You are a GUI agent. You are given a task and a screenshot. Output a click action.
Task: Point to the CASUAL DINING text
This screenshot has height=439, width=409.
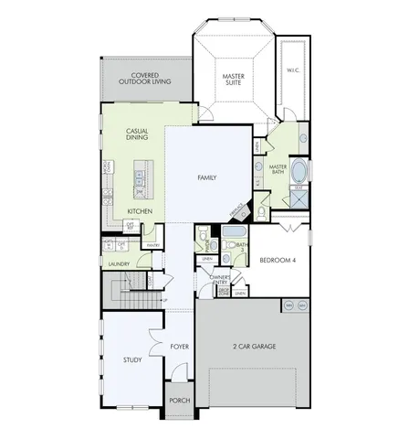pyautogui.click(x=138, y=135)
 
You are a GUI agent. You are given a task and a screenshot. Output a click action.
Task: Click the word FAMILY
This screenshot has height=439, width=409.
pyautogui.click(x=206, y=177)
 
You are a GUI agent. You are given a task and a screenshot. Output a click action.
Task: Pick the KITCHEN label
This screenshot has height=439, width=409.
pyautogui.click(x=140, y=209)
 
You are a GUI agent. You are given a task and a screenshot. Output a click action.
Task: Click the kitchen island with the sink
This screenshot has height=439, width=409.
pyautogui.click(x=142, y=178)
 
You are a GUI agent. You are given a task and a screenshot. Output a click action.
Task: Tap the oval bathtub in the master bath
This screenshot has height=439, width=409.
pyautogui.click(x=300, y=169)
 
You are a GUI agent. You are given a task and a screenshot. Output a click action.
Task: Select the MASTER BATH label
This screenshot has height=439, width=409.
pyautogui.click(x=279, y=169)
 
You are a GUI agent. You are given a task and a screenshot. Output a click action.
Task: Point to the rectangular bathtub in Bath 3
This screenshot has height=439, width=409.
pyautogui.click(x=225, y=245)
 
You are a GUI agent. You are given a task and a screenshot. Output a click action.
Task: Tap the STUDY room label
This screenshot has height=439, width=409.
pyautogui.click(x=131, y=359)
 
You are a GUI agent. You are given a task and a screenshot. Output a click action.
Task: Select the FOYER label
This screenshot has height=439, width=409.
pyautogui.click(x=178, y=347)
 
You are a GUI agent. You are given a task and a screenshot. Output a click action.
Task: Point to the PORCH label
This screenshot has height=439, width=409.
pyautogui.click(x=178, y=399)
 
